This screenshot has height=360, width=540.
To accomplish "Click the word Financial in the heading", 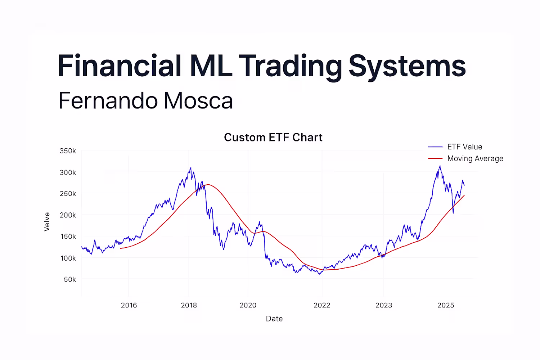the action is tap(119, 66).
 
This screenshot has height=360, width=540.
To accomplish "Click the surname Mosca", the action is tap(198, 100).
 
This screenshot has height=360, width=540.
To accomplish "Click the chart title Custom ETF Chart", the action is tap(273, 138).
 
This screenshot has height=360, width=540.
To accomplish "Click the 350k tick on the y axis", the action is tap(68, 151).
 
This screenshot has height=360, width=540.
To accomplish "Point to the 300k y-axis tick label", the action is tap(68, 172).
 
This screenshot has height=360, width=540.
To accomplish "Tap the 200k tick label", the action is tap(68, 215).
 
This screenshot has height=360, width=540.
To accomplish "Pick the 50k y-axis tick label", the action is tap(70, 279).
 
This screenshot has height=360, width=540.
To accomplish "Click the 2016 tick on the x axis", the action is tap(129, 305).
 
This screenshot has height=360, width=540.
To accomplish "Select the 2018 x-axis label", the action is tap(189, 305).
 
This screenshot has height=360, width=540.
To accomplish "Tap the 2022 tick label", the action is tap(321, 305).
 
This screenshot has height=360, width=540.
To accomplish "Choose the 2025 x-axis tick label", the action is tap(446, 305).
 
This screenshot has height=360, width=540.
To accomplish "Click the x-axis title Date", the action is tap(274, 319).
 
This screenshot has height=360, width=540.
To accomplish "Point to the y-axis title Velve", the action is tap(47, 222).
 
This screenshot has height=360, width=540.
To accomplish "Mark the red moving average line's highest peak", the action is tap(208, 185).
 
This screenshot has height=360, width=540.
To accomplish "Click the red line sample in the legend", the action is tap(435, 158).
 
